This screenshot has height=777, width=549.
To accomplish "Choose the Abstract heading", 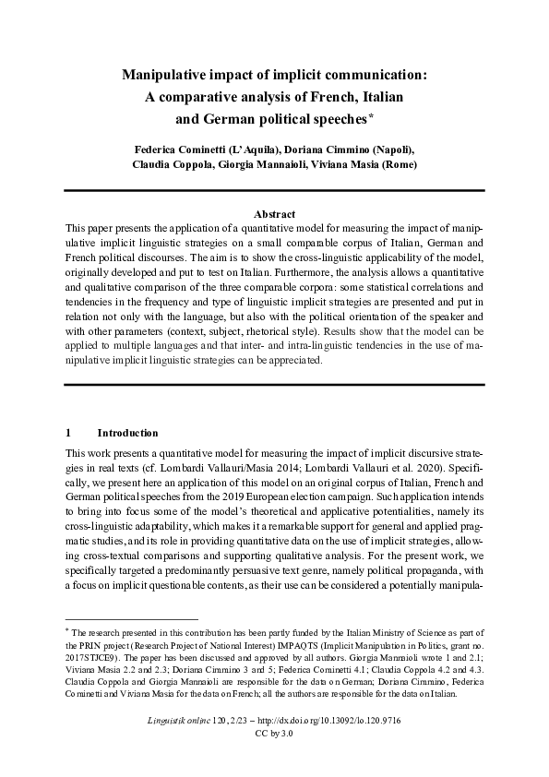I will (274, 211).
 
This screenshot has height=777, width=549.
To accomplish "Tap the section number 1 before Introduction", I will (68, 433).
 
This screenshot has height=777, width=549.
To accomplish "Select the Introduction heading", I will (127, 433).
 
